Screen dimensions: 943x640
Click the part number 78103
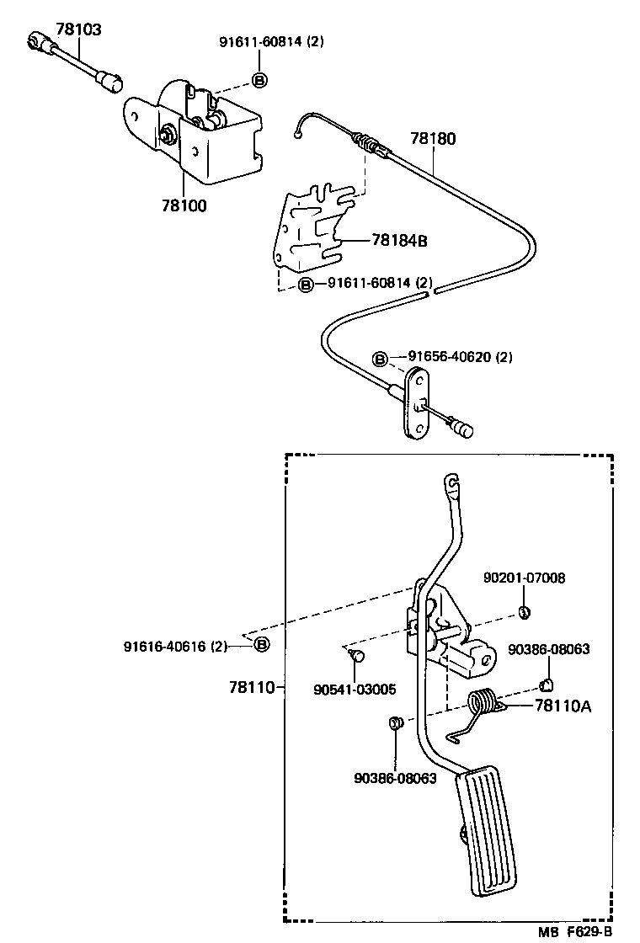[x=78, y=29]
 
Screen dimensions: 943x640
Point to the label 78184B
[x=399, y=241]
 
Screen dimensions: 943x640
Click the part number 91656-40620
[x=450, y=357]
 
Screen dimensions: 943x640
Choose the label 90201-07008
[x=524, y=578]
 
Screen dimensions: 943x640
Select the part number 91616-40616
[x=175, y=646]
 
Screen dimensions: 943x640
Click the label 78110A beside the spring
[x=563, y=706]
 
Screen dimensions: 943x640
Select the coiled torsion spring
[x=483, y=704]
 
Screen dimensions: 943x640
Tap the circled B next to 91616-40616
[x=261, y=645]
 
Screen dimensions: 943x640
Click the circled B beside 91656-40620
[x=381, y=359]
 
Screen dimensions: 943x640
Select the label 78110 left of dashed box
[x=251, y=687]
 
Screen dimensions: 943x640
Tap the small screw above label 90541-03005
[x=356, y=653]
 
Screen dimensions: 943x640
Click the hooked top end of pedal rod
[x=451, y=482]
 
